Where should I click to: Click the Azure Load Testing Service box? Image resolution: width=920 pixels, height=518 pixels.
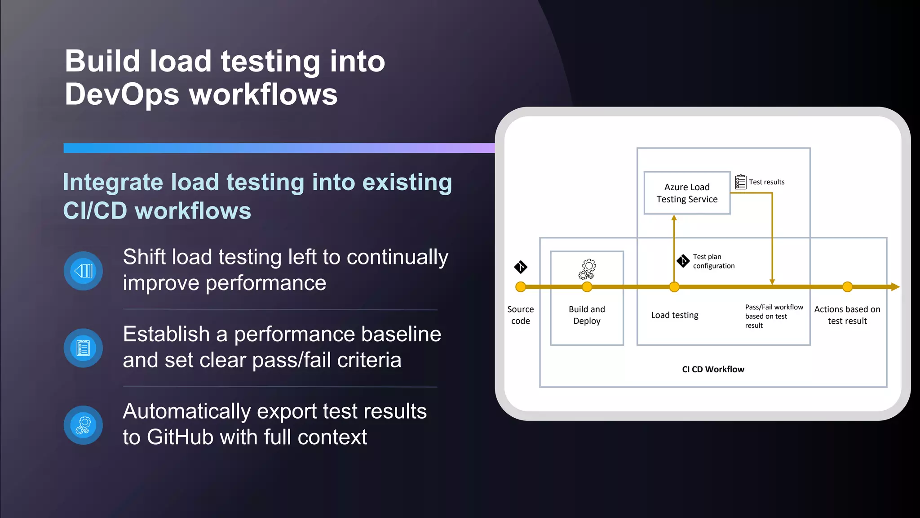(x=687, y=193)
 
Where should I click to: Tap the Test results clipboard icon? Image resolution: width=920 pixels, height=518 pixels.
(x=740, y=182)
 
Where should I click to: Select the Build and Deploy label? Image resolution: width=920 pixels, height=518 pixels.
(x=587, y=315)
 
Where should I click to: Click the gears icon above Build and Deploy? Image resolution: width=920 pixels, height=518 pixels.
(x=587, y=269)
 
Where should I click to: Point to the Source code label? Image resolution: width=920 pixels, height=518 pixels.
(x=520, y=315)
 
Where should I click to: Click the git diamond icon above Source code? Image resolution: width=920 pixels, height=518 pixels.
(x=520, y=267)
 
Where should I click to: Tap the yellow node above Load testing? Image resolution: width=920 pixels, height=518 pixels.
(x=674, y=287)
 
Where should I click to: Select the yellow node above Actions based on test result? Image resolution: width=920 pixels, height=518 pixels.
(x=847, y=287)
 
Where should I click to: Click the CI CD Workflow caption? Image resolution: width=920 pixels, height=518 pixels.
(x=713, y=369)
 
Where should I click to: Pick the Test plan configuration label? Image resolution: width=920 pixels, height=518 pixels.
(x=713, y=261)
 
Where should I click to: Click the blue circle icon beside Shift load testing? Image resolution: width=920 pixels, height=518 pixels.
(x=83, y=271)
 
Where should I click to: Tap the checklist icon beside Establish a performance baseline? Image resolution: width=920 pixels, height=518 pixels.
(x=83, y=348)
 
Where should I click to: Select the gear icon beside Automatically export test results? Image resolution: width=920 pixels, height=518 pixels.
(x=83, y=425)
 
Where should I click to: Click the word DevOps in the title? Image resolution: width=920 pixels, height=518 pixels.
(x=122, y=94)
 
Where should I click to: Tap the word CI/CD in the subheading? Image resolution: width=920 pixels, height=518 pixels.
(x=95, y=211)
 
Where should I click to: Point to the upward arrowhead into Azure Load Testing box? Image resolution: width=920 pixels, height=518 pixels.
(x=674, y=218)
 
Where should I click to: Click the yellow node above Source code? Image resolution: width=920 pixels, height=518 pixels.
(x=520, y=287)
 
